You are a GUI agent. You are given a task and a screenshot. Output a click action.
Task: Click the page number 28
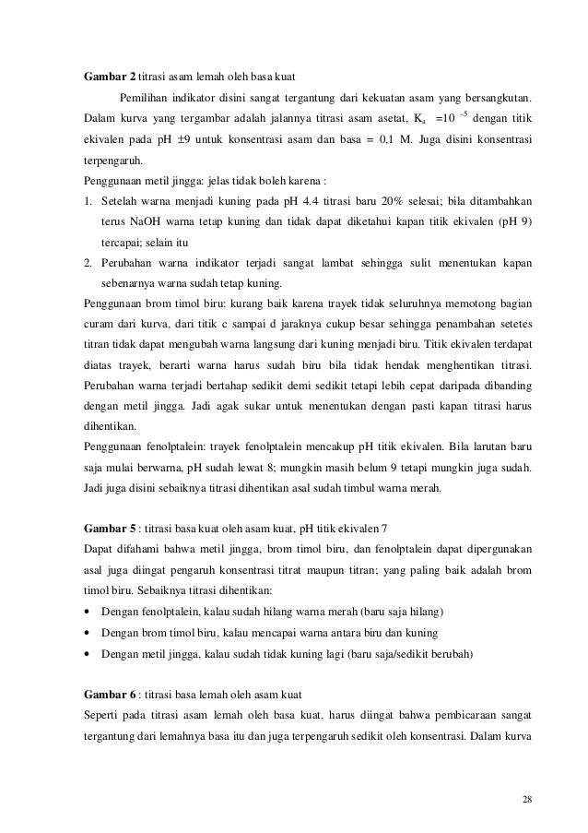coord(526,798)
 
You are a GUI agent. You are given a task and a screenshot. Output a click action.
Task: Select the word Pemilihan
coord(146,98)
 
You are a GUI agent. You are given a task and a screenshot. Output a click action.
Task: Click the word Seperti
coord(101,716)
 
